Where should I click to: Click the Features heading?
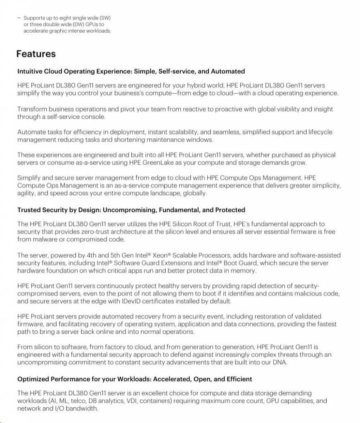tap(36, 54)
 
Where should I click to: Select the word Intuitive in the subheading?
tap(30, 71)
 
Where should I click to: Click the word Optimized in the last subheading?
tap(33, 379)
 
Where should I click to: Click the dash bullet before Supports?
tap(19, 18)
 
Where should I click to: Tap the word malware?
tap(45, 240)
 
